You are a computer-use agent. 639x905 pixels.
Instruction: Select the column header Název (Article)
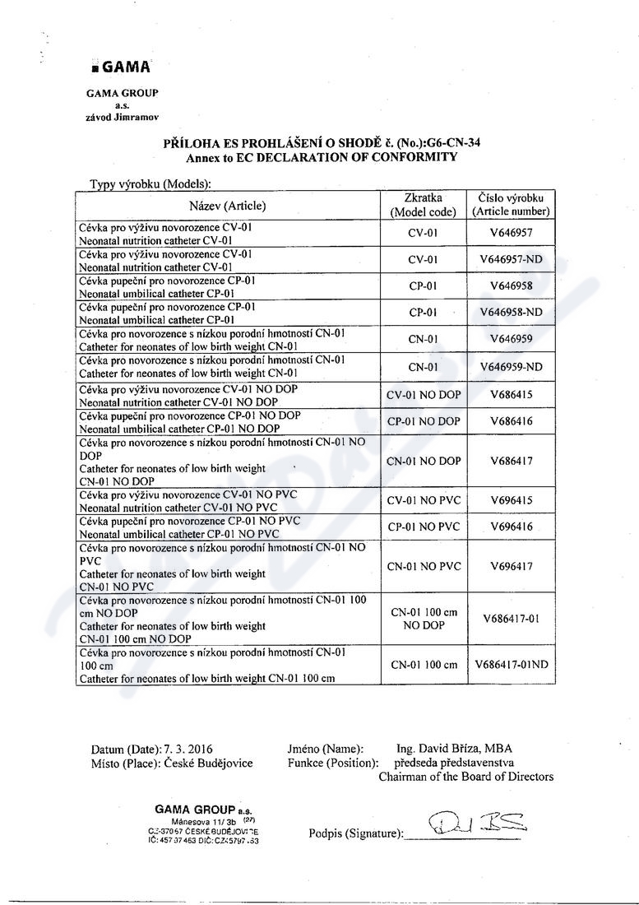tap(228, 206)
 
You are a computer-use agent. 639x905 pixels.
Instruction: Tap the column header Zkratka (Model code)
tap(424, 205)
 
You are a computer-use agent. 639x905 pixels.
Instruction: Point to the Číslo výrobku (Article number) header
tap(511, 205)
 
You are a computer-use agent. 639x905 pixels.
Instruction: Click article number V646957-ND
tap(511, 259)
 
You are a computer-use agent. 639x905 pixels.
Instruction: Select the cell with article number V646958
tap(511, 286)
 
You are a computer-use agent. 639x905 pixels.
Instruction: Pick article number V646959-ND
tap(511, 367)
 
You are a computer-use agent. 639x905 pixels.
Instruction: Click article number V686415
tap(511, 395)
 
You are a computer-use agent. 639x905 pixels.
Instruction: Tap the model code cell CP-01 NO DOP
tap(424, 421)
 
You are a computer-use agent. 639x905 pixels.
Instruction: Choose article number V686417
tap(511, 461)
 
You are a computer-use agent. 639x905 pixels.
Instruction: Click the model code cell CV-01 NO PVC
tap(424, 500)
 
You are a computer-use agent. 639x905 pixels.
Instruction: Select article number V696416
tap(511, 527)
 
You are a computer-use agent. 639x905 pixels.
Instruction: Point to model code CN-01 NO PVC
tap(424, 566)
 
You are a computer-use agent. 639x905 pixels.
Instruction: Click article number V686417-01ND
tap(511, 665)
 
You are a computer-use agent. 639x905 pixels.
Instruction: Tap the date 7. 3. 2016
tap(188, 749)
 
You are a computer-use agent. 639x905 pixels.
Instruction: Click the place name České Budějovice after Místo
tap(209, 763)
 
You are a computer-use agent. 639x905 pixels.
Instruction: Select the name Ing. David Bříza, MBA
tap(454, 749)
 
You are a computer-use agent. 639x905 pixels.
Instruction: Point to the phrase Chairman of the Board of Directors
tap(465, 777)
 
